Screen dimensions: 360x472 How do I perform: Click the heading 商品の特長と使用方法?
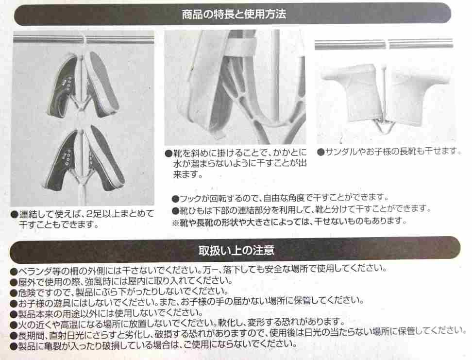pos(234,14)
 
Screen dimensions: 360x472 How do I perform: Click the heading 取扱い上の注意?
pos(236,251)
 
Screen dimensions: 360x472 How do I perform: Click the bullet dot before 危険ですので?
pos(13,291)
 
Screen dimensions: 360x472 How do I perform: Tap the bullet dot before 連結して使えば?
pos(15,214)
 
